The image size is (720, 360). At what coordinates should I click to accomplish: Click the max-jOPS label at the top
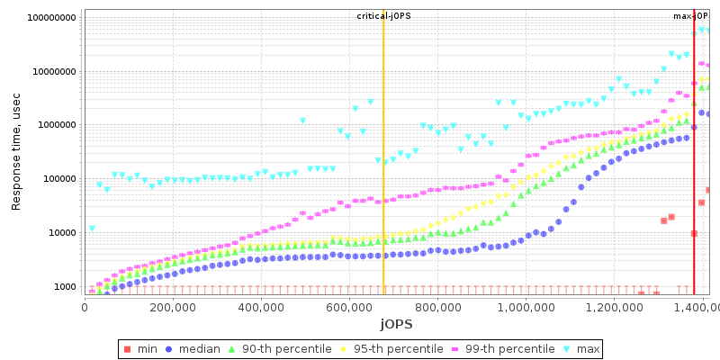coord(691,16)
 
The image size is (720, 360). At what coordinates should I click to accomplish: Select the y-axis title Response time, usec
coord(15,157)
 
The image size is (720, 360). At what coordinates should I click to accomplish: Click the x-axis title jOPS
coord(396,323)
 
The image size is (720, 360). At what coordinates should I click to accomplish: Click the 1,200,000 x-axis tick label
coord(613,307)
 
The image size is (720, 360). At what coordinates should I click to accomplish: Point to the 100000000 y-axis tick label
coord(52,18)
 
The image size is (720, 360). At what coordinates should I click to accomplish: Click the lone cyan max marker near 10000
coord(92,229)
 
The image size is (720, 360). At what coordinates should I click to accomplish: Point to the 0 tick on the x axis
coord(85,307)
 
